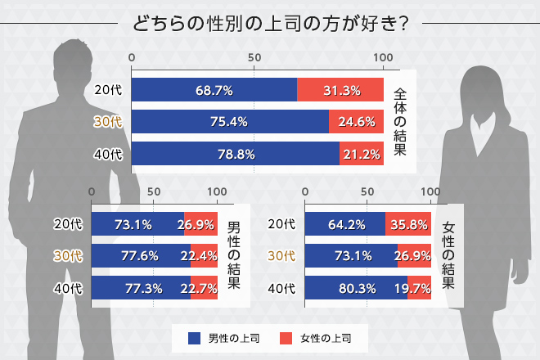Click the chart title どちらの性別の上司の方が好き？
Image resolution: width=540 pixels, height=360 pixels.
click(270, 21)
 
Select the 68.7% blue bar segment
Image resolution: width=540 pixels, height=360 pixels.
click(214, 90)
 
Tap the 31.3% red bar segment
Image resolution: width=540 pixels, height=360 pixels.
click(340, 90)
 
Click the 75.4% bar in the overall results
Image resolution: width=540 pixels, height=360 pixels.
click(230, 122)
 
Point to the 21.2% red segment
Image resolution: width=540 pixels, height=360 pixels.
click(361, 154)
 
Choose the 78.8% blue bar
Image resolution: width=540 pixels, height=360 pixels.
click(236, 154)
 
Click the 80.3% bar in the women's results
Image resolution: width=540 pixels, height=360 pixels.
click(356, 288)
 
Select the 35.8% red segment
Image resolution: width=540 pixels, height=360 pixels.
click(408, 224)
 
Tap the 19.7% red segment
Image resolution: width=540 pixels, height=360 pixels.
click(419, 288)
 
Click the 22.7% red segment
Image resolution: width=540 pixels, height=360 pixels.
click(203, 288)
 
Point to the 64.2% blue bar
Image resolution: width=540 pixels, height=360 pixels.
click(345, 224)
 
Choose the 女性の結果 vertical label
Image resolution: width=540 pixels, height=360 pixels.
click(448, 256)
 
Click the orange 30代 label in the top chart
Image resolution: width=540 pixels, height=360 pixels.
click(108, 122)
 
